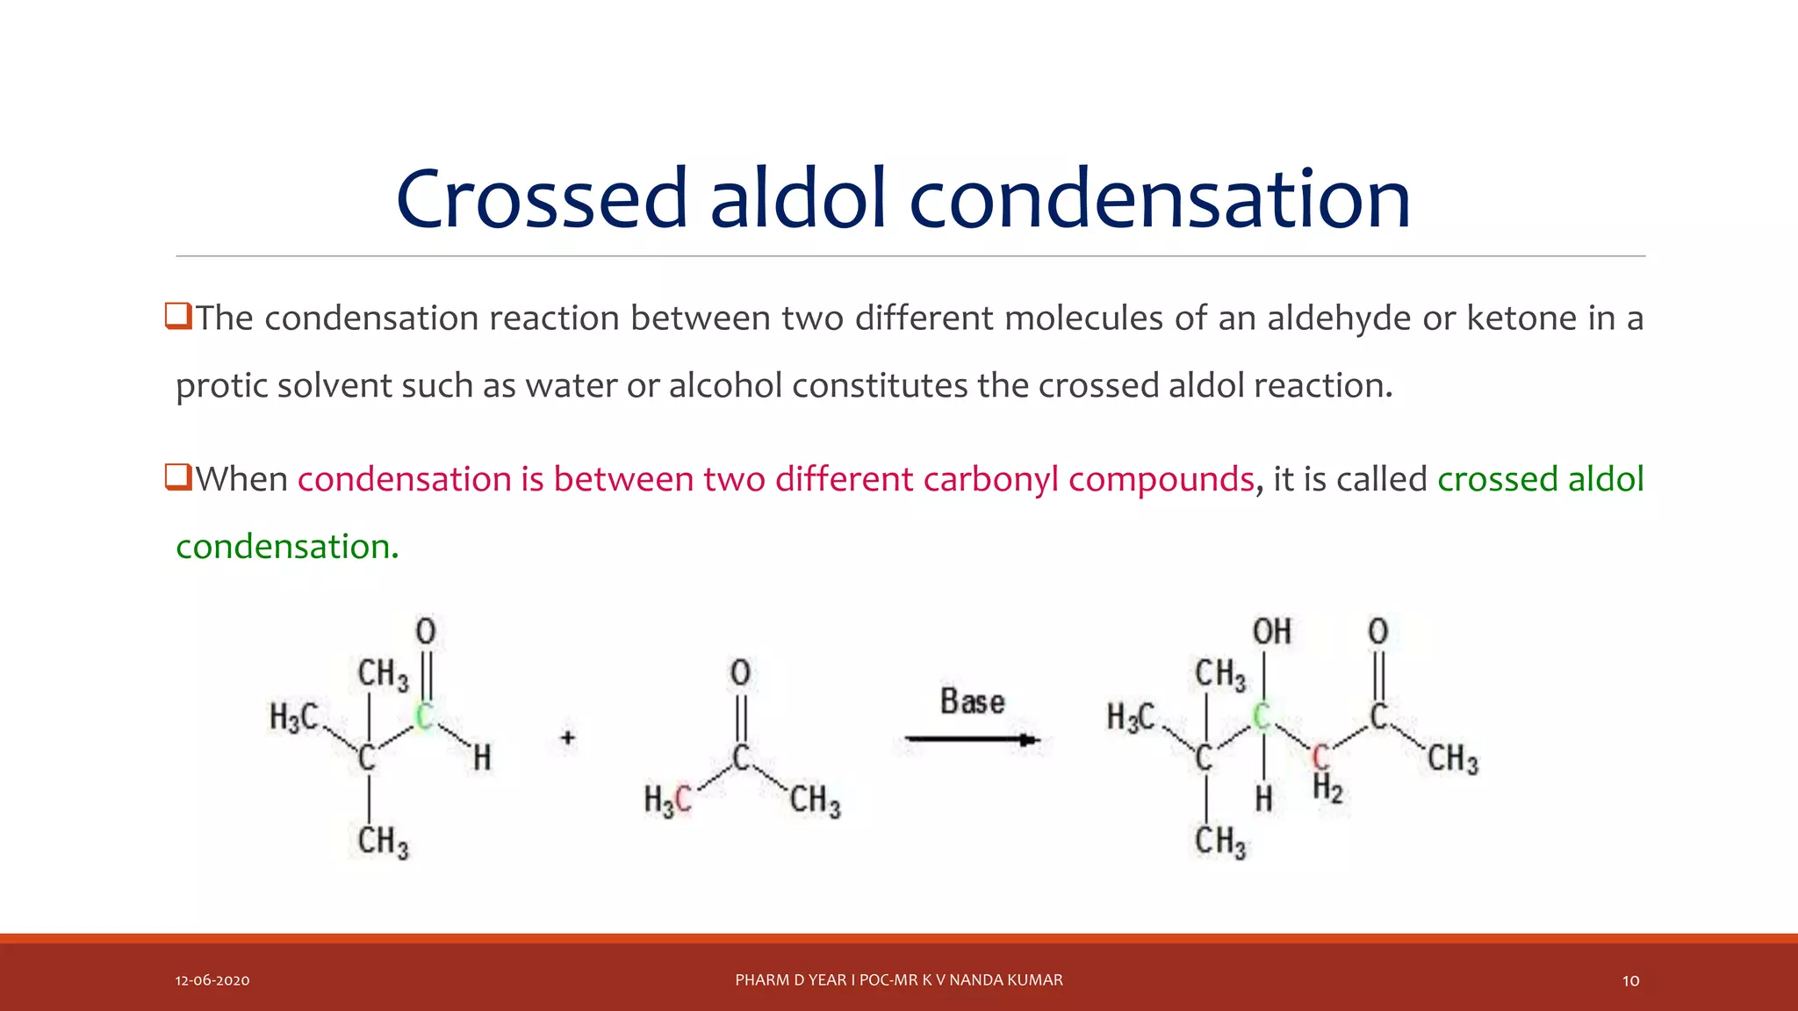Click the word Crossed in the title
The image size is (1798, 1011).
click(x=541, y=199)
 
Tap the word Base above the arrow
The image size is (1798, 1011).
click(x=972, y=702)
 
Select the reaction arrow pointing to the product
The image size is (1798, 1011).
click(x=973, y=741)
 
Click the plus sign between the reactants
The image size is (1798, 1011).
click(x=568, y=738)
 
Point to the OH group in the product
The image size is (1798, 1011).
click(x=1271, y=632)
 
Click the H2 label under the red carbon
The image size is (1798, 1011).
click(x=1327, y=789)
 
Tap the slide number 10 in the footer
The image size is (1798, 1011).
click(x=1630, y=980)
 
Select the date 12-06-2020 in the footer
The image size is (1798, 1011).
click(x=212, y=980)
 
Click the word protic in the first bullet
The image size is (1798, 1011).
click(x=222, y=386)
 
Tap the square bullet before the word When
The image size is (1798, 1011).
click(x=178, y=477)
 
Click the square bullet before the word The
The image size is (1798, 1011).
click(x=178, y=316)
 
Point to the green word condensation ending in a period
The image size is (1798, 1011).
click(x=287, y=547)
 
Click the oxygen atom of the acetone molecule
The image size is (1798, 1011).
click(x=740, y=673)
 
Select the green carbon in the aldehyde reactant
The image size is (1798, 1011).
click(x=423, y=716)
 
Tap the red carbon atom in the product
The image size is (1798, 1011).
click(x=1320, y=756)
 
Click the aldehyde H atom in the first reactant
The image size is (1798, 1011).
click(x=482, y=757)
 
